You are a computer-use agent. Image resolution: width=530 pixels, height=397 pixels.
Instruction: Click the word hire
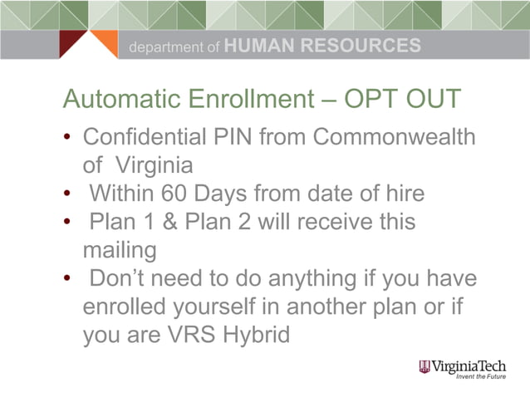point(402,194)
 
